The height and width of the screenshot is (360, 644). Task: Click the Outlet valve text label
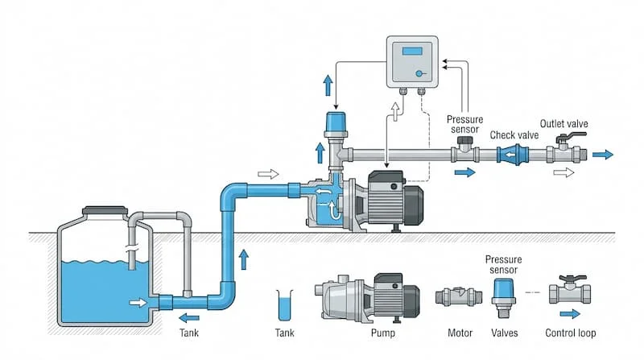point(563,124)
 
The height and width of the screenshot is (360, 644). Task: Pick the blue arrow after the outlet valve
point(602,155)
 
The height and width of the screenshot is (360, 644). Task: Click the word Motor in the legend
point(459,333)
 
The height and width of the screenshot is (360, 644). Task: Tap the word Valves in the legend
point(504,333)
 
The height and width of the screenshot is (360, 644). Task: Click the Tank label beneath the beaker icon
point(285,332)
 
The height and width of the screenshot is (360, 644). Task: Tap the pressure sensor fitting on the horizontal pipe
point(464,147)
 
